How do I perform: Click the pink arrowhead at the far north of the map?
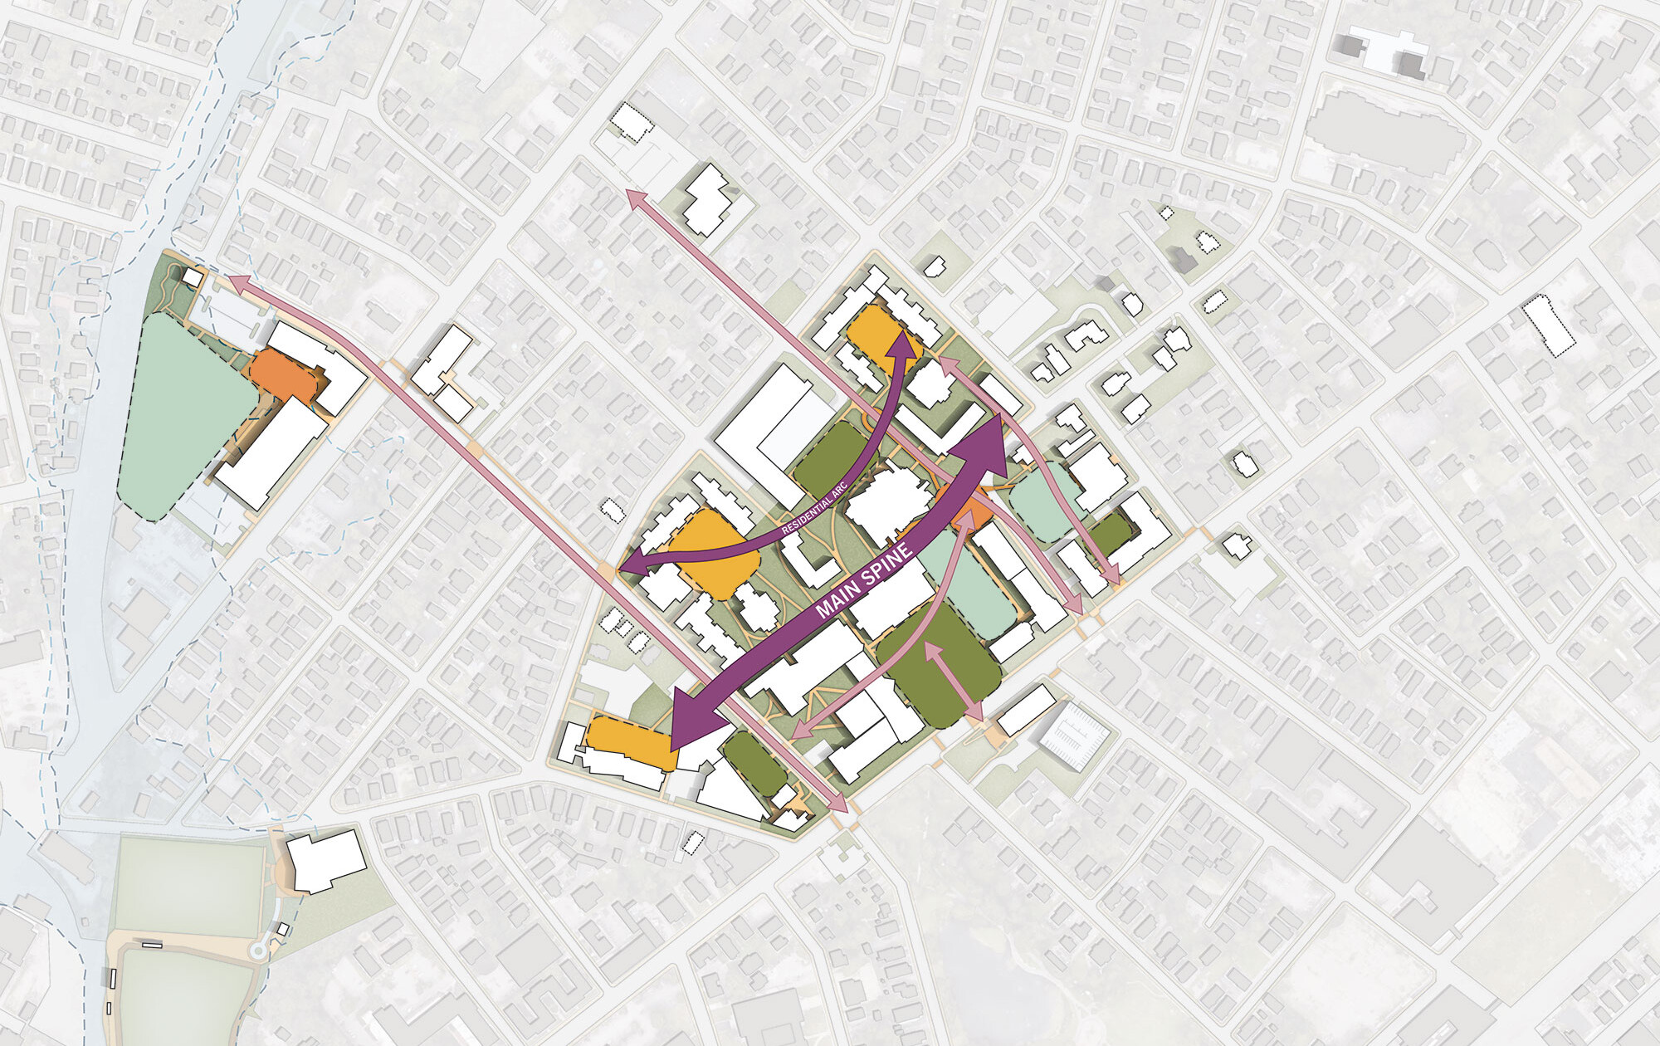click(x=636, y=199)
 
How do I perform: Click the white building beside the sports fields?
click(x=325, y=860)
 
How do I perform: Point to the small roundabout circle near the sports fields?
click(x=259, y=949)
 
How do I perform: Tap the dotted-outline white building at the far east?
click(x=1549, y=325)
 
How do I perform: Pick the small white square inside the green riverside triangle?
click(x=193, y=277)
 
